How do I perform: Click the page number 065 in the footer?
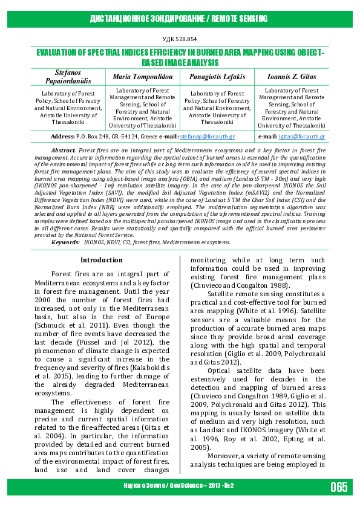tap(339, 487)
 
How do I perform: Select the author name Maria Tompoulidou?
tap(142, 77)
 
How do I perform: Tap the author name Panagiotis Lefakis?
tap(216, 77)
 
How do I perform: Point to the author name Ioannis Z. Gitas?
tap(290, 77)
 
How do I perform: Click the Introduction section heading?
tap(102, 260)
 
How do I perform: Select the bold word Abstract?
tap(63, 149)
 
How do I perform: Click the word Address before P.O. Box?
tap(63, 137)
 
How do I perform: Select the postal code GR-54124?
tap(123, 137)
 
